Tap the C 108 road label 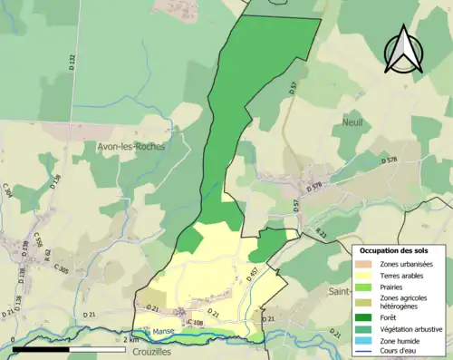pos(195,323)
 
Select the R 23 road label pos(321,232)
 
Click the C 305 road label pos(62,269)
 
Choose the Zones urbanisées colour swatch pos(367,263)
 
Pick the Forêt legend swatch pos(367,317)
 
